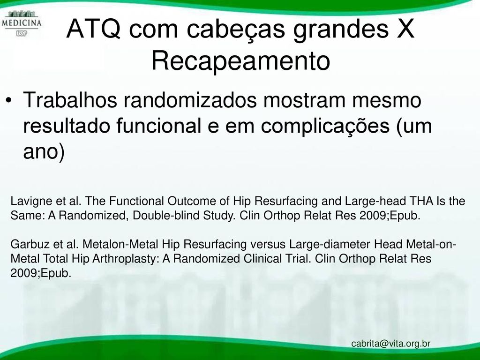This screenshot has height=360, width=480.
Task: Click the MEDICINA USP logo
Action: [22, 23]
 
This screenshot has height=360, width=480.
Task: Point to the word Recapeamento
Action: [240, 60]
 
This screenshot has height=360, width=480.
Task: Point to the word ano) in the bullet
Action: [44, 151]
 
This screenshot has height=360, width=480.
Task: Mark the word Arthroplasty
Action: [125, 259]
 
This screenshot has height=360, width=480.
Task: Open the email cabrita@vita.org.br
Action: [391, 344]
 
